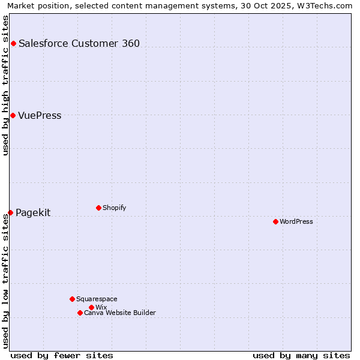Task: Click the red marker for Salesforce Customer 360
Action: (x=13, y=43)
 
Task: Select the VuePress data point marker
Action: (x=13, y=115)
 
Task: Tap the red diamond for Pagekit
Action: (x=10, y=212)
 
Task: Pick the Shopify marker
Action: (x=98, y=208)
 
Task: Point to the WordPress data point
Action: (x=275, y=221)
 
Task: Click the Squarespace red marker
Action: (x=72, y=299)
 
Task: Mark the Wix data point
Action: (x=91, y=307)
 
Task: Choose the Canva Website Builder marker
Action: (x=80, y=313)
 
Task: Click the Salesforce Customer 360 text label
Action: (x=79, y=43)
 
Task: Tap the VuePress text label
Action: (x=40, y=115)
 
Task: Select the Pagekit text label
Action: (x=33, y=212)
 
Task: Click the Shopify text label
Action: (x=114, y=208)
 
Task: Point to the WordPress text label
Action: (x=296, y=221)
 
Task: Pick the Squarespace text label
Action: (x=97, y=299)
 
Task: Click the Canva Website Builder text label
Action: (x=120, y=313)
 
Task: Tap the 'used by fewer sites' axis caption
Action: (x=62, y=355)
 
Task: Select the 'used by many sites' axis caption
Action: (x=301, y=355)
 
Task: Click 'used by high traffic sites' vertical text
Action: (x=6, y=85)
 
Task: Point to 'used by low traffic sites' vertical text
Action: (x=6, y=281)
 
